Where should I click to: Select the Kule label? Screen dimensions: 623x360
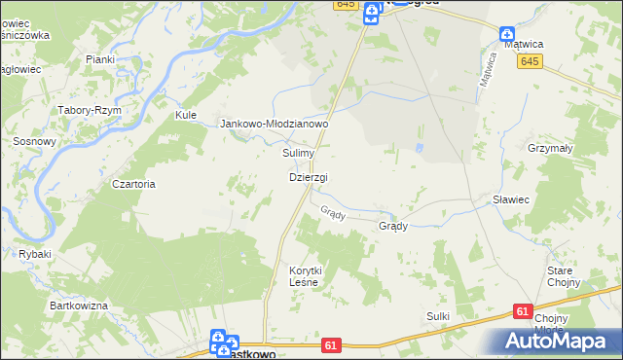(x=185, y=115)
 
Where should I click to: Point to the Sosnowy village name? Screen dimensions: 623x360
(x=34, y=141)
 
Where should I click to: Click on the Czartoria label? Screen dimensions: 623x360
(x=133, y=184)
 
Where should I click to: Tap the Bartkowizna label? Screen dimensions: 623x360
(x=79, y=306)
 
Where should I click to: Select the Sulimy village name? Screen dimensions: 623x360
(x=298, y=154)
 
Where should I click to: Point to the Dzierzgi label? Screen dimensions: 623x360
(x=309, y=177)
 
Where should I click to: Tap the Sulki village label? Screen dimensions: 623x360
(x=438, y=316)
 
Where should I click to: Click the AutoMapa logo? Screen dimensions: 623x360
(x=554, y=340)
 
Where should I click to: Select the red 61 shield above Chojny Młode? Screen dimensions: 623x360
(x=524, y=311)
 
